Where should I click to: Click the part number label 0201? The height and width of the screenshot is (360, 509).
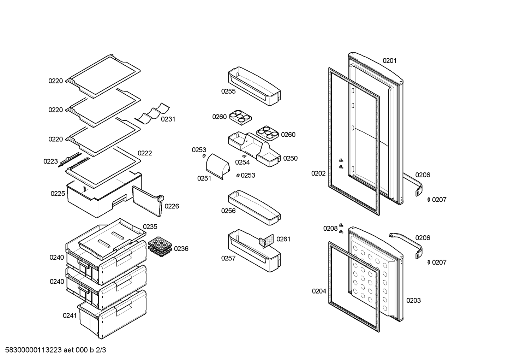389,61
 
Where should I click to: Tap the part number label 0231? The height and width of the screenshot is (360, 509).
168,119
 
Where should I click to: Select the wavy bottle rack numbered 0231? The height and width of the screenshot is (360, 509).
152,113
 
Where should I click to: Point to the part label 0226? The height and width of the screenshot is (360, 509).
172,206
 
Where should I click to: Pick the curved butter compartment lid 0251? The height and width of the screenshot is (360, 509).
218,166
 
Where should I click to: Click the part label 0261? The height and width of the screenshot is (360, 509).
283,239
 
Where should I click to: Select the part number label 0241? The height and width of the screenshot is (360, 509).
70,315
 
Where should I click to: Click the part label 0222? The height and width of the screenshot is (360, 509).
145,153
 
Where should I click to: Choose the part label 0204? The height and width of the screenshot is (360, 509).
319,291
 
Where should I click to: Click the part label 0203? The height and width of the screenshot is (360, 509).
414,300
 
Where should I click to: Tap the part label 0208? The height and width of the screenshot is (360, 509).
330,228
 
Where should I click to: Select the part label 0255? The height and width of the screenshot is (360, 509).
228,91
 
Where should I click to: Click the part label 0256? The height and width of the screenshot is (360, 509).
228,211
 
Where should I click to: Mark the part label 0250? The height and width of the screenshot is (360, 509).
291,158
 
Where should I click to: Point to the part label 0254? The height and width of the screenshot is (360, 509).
242,162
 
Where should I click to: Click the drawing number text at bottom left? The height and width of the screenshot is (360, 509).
55,350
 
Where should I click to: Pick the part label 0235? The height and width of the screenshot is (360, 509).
150,227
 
